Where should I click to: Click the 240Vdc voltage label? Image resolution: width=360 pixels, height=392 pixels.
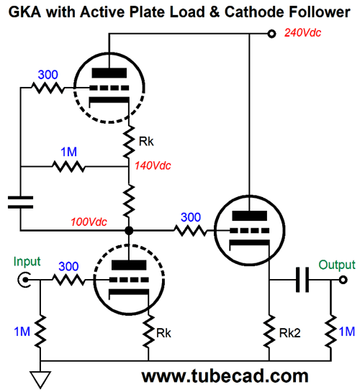[x=302, y=33]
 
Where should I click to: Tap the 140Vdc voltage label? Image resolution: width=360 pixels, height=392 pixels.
[x=153, y=165]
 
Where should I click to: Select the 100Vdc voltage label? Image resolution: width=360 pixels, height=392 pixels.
[x=89, y=222]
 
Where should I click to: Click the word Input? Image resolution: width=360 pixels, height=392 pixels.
[x=27, y=263]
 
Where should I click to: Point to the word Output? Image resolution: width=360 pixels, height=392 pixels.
[x=337, y=265]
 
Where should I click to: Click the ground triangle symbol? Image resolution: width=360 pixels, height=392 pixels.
[x=40, y=380]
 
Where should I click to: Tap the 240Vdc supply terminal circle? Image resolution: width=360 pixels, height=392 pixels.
[x=271, y=34]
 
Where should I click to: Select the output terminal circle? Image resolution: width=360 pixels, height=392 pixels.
[x=343, y=280]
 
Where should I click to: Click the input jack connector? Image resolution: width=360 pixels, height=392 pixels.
[x=24, y=280]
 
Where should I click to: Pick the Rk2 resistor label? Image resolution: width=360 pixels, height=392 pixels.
[x=289, y=333]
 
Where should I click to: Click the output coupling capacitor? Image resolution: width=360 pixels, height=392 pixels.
[x=302, y=280]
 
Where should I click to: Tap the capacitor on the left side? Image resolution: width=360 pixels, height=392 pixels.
[x=20, y=202]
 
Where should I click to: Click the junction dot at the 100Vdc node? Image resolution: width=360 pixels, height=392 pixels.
[x=129, y=230]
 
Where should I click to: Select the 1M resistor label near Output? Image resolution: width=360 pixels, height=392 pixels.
[x=347, y=332]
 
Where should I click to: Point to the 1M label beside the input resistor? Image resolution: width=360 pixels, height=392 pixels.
[x=22, y=332]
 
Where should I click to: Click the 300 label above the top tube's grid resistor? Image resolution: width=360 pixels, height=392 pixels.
[x=48, y=75]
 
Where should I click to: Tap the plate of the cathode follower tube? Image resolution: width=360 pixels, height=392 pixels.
[x=249, y=216]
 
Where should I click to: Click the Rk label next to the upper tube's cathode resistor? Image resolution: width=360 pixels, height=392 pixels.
[x=146, y=142]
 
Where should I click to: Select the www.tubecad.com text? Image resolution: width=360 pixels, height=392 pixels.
[x=225, y=376]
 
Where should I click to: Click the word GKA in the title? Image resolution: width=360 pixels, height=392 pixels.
[x=24, y=12]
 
